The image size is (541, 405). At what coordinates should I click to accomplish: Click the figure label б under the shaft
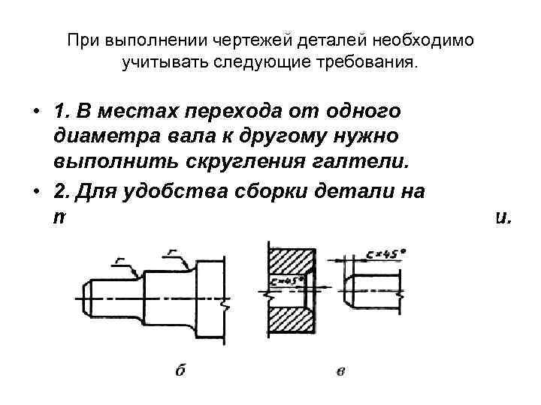click(x=180, y=370)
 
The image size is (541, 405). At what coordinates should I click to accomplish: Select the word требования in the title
click(x=369, y=61)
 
